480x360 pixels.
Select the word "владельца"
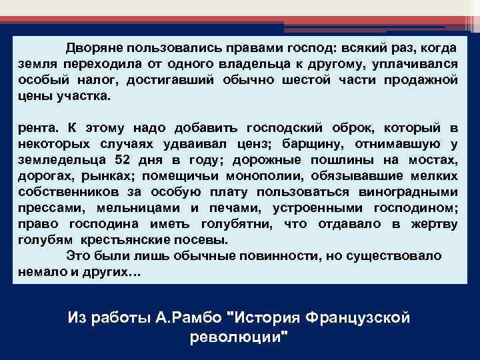(x=249, y=64)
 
